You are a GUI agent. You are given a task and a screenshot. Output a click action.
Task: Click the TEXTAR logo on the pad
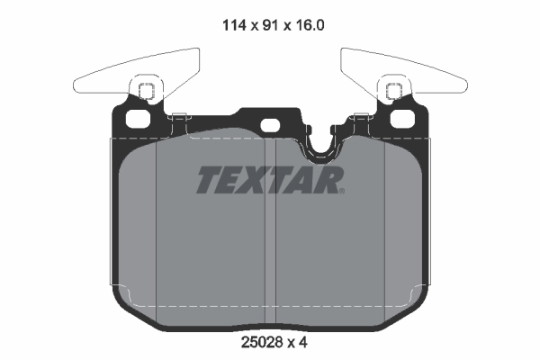tap(269, 181)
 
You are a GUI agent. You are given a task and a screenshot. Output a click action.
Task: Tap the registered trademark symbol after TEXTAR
tap(341, 190)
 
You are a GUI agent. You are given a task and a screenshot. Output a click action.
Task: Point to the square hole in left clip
tap(146, 90)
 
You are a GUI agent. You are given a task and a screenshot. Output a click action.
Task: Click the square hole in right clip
tap(392, 90)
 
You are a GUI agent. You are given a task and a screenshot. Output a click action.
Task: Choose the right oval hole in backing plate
tap(401, 119)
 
